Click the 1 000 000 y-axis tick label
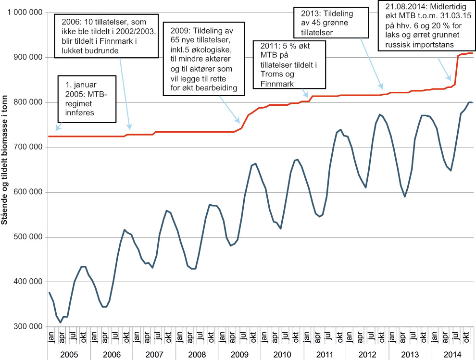click(24, 12)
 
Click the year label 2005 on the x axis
click(69, 355)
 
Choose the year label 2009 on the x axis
click(239, 355)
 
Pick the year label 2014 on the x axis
click(452, 355)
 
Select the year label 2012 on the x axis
click(367, 355)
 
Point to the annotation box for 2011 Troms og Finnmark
click(289, 65)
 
